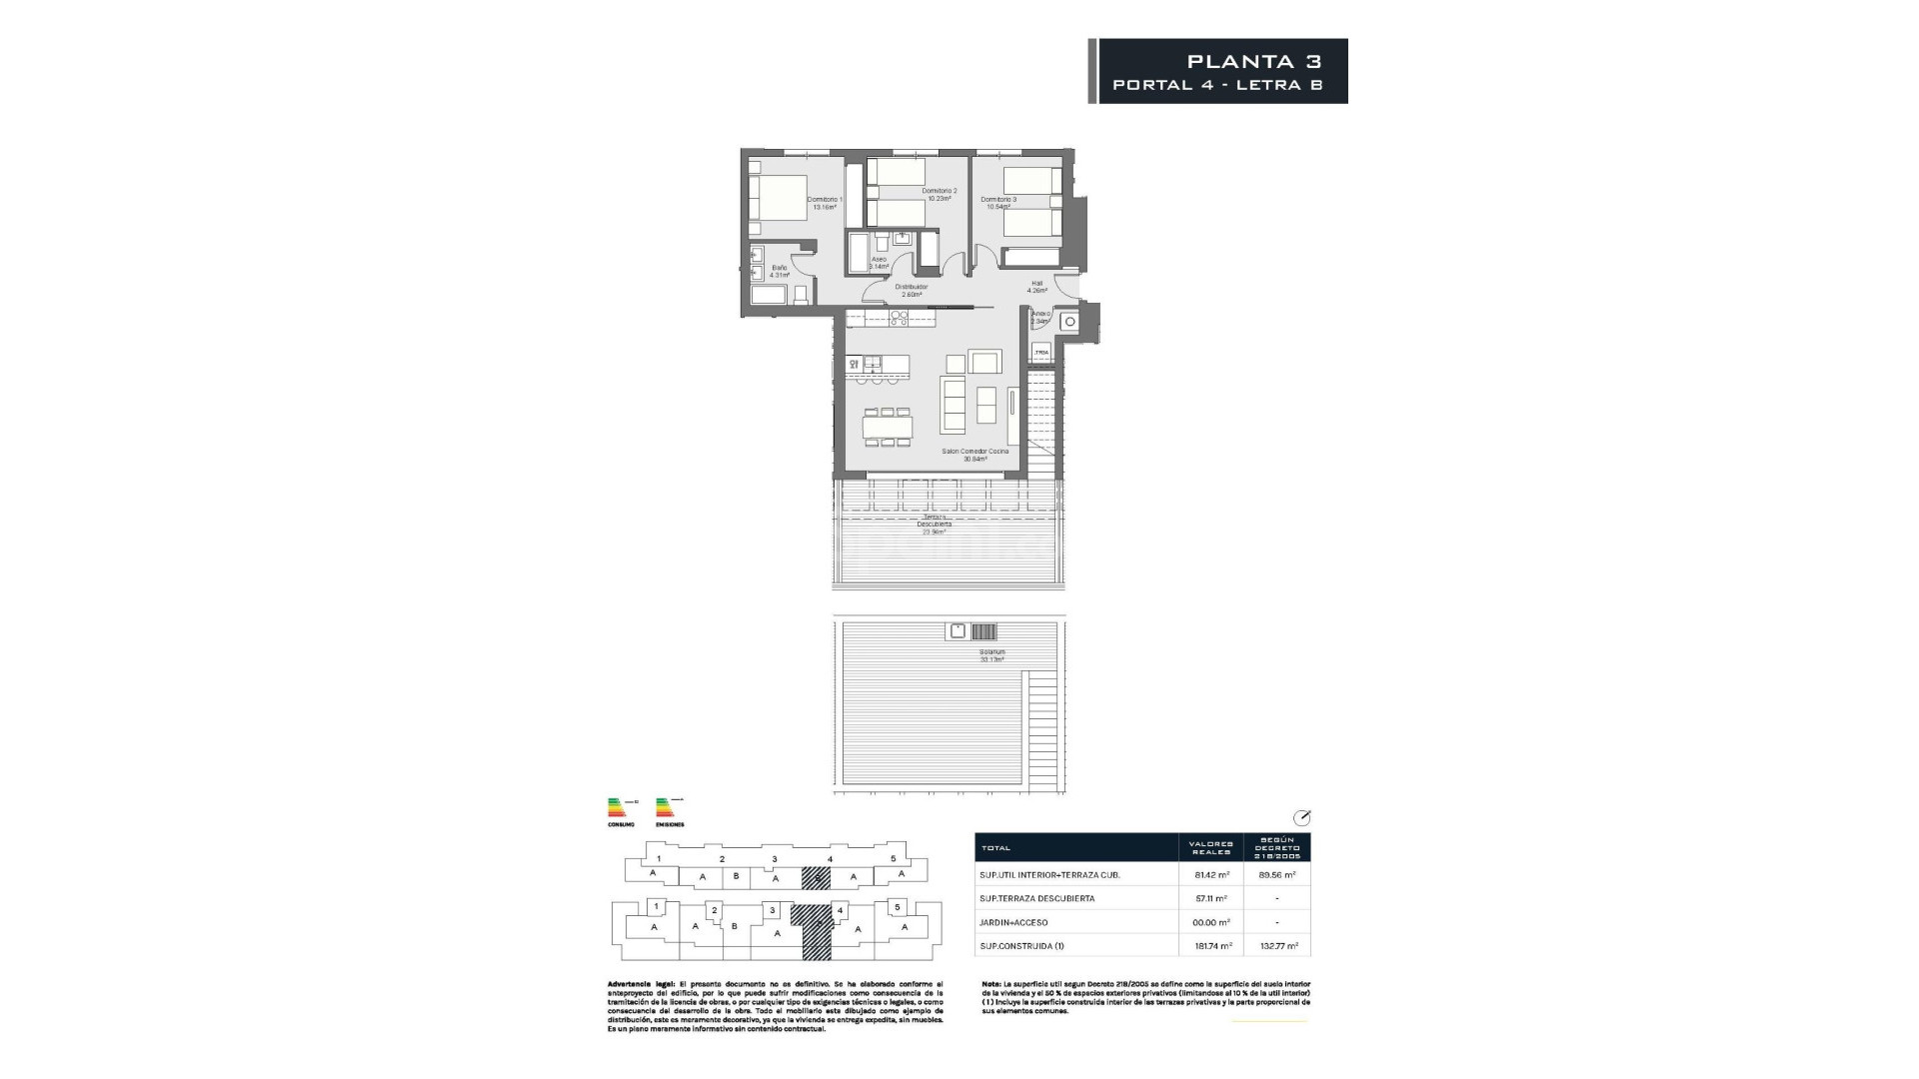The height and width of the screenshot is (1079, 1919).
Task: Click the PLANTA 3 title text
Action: pyautogui.click(x=1254, y=61)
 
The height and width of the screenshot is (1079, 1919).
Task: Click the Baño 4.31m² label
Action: pyautogui.click(x=779, y=271)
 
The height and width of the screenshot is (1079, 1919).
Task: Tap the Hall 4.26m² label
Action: pyautogui.click(x=1036, y=287)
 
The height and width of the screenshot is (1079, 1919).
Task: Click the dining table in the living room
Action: pyautogui.click(x=888, y=428)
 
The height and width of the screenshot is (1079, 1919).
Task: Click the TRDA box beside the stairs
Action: pyautogui.click(x=1041, y=353)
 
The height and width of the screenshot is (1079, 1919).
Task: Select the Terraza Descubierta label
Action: pyautogui.click(x=935, y=525)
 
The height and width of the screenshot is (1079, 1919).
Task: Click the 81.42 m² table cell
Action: pyautogui.click(x=1210, y=874)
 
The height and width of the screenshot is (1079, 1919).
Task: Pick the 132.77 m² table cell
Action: pyautogui.click(x=1276, y=945)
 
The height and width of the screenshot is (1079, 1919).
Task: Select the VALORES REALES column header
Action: pyautogui.click(x=1210, y=847)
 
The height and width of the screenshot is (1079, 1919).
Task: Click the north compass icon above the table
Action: pyautogui.click(x=1300, y=817)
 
